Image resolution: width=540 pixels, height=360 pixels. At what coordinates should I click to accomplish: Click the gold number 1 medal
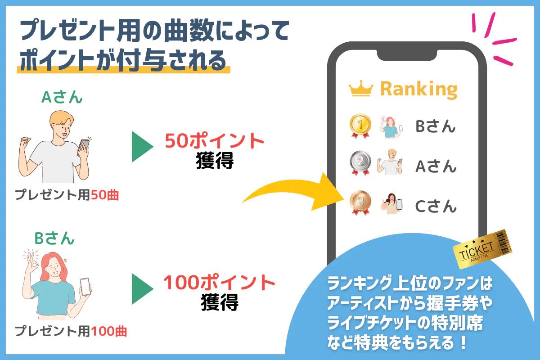click(360, 126)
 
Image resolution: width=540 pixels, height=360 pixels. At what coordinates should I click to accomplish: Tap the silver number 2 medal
click(360, 162)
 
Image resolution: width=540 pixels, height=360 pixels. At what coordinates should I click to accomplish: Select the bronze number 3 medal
click(360, 202)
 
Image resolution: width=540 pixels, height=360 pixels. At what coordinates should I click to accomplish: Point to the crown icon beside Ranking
click(361, 89)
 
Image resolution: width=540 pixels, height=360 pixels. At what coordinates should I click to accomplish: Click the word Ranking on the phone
click(419, 90)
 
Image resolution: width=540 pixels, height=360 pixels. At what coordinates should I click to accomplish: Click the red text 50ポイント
click(214, 140)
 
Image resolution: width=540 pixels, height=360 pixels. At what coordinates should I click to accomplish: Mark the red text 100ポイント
click(219, 282)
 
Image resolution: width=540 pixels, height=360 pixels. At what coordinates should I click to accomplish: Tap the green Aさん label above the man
click(62, 97)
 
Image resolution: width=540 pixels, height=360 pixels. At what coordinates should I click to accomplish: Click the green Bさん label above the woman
click(54, 238)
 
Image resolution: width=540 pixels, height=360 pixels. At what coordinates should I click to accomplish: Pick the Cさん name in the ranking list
click(436, 206)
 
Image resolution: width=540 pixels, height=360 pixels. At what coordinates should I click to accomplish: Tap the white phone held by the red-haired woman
click(85, 287)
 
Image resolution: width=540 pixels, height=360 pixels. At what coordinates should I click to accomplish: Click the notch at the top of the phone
click(407, 54)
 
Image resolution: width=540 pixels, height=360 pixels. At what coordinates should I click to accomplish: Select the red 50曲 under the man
click(105, 195)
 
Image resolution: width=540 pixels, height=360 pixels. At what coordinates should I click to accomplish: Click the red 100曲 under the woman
click(109, 331)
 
